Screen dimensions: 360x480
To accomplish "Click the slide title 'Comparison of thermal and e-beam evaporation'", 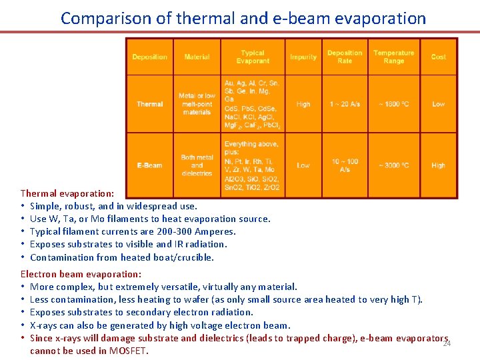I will [243, 18].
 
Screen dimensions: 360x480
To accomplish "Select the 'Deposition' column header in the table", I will [149, 57].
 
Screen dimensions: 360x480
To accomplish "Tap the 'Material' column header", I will [197, 57].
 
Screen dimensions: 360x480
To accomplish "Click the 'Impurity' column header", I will [303, 57].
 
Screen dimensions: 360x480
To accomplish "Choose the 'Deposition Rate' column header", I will [345, 57].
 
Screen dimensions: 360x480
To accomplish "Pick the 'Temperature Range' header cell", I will [393, 57].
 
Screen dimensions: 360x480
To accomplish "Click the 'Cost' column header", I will [438, 57].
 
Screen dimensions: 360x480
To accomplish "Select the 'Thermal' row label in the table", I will [149, 104].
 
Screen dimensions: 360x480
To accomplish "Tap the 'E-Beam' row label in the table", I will [149, 165].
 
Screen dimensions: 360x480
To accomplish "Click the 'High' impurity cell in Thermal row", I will [303, 104].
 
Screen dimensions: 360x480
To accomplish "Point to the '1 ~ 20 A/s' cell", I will [345, 104].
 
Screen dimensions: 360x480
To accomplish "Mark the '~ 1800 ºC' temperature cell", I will [393, 104].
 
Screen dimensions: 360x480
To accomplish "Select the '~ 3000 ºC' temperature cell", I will [393, 165].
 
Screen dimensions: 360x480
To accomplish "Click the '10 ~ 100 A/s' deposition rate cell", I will [345, 165].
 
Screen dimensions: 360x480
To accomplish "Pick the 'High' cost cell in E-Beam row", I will [438, 165].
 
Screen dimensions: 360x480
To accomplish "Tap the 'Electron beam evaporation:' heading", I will [81, 274].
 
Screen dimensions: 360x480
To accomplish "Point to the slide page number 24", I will [447, 343].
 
